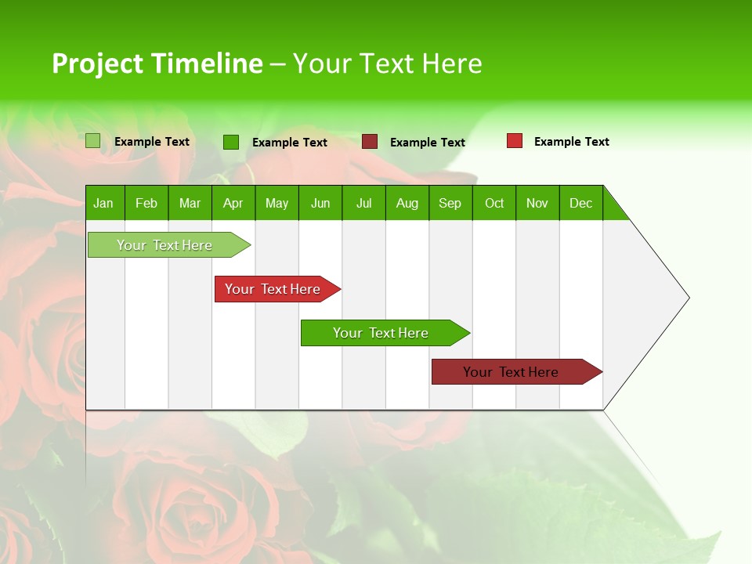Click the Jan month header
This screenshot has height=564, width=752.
click(104, 203)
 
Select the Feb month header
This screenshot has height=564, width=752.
click(146, 203)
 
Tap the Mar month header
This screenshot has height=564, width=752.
click(190, 203)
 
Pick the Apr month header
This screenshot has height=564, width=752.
click(233, 203)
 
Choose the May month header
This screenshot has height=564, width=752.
click(277, 203)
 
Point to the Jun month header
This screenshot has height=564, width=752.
click(320, 203)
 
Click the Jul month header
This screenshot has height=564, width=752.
click(363, 203)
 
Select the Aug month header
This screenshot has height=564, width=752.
click(407, 203)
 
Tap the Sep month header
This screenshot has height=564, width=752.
click(450, 203)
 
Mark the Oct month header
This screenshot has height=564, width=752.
click(494, 203)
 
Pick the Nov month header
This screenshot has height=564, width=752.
click(537, 203)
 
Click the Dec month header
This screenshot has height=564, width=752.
click(580, 203)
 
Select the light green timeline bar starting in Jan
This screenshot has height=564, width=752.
click(165, 245)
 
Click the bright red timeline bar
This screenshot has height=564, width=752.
click(273, 289)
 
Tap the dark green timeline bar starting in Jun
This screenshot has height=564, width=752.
click(381, 333)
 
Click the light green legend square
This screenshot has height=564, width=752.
click(93, 141)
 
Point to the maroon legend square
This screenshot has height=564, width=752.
click(370, 142)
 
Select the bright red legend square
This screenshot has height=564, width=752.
click(515, 141)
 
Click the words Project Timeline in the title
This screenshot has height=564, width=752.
click(157, 63)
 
